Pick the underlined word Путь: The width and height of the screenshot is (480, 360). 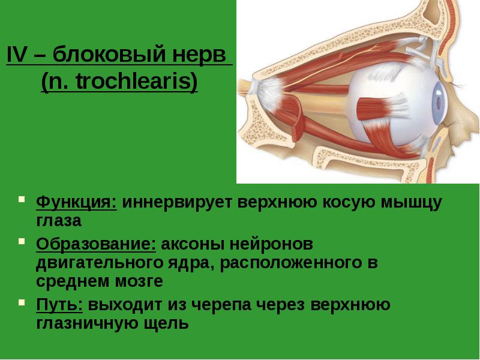(x=59, y=305)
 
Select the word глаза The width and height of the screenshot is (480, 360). (x=58, y=221)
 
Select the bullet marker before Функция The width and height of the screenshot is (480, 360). (x=21, y=199)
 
